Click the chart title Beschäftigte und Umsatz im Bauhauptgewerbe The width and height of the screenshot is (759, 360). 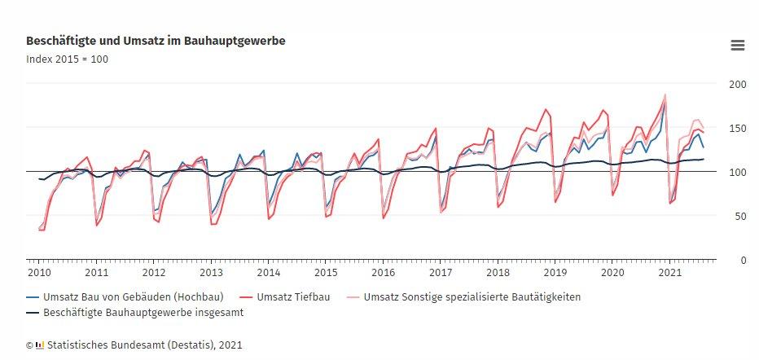tap(156, 40)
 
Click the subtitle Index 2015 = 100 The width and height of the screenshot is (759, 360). tap(67, 59)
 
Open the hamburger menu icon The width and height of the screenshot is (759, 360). tap(738, 46)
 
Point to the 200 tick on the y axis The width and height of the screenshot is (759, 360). tap(736, 85)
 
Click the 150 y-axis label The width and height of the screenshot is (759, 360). tap(736, 129)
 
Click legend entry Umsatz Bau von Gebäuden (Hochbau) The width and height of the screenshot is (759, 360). tap(133, 297)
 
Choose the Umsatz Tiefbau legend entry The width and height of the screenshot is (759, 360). tap(294, 297)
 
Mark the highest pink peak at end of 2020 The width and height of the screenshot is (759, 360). tap(665, 94)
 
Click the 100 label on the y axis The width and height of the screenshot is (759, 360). tap(736, 173)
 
